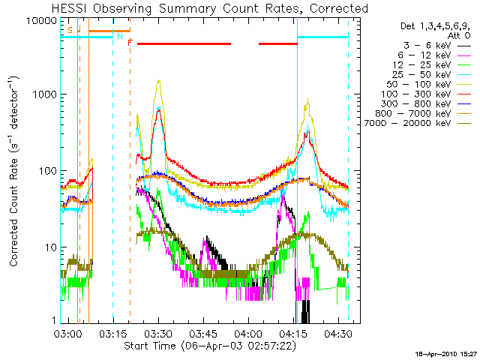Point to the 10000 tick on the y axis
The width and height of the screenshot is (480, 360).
[43, 20]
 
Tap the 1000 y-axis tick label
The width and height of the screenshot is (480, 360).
[46, 95]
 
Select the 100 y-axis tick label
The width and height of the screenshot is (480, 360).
[49, 171]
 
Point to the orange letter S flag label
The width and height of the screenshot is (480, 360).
[70, 29]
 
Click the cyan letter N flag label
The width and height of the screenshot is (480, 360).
[119, 35]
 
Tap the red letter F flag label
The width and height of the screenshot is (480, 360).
[130, 43]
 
